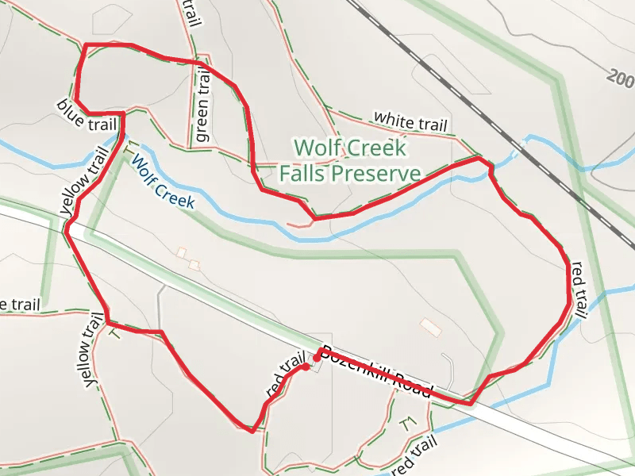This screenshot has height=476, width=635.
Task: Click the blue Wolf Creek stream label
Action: pyautogui.click(x=163, y=182)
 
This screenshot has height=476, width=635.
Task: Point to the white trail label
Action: pyautogui.click(x=411, y=121)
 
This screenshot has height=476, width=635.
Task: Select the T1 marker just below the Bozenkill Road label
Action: pyautogui.click(x=409, y=424)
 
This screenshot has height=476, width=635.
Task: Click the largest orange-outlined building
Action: pyautogui.click(x=429, y=327)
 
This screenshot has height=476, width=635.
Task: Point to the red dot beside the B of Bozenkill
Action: pyautogui.click(x=317, y=359)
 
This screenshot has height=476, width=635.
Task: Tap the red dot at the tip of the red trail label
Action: pyautogui.click(x=305, y=367)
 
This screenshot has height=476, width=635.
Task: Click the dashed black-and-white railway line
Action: pyautogui.click(x=444, y=79)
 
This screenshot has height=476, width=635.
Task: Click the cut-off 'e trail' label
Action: pyautogui.click(x=20, y=305)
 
